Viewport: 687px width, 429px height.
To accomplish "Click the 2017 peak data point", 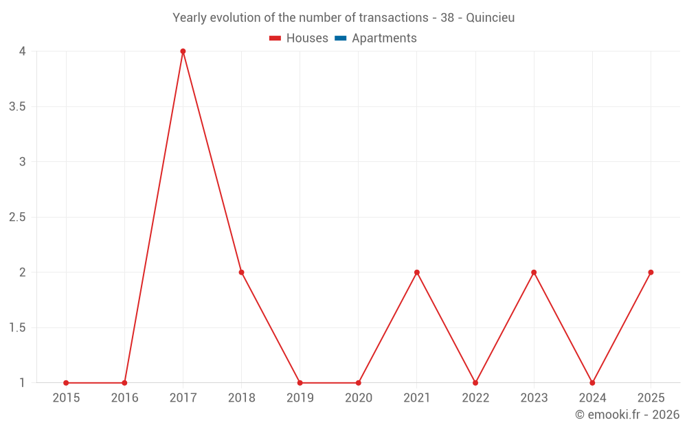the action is point(183,51).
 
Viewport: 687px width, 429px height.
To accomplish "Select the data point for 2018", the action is point(241,273).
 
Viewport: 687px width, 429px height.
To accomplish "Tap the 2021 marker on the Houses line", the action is point(417,273).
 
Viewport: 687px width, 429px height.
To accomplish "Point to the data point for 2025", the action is point(651,273).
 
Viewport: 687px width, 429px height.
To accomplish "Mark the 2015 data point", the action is point(66,383).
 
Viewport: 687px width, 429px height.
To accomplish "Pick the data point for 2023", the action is point(534,273).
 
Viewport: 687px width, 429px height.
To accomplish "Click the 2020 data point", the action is point(359,383).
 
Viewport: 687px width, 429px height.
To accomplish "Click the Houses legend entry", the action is point(299,38).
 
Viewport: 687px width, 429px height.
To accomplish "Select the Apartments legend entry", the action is point(376,38).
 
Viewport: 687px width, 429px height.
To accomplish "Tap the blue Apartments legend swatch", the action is point(341,38).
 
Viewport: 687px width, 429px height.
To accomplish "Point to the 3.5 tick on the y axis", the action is point(17,107).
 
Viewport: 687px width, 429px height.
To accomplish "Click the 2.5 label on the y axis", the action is point(17,217).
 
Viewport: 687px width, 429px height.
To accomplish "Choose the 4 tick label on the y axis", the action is point(23,51).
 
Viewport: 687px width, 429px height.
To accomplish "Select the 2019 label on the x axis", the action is point(300,398).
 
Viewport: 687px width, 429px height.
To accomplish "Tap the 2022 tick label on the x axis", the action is point(476,398).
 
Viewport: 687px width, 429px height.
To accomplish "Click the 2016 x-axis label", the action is point(125,398).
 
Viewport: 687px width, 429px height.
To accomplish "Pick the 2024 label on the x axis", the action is point(593,398).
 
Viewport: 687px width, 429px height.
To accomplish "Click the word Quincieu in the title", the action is point(491,18).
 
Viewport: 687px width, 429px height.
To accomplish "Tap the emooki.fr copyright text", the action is point(627,415).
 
